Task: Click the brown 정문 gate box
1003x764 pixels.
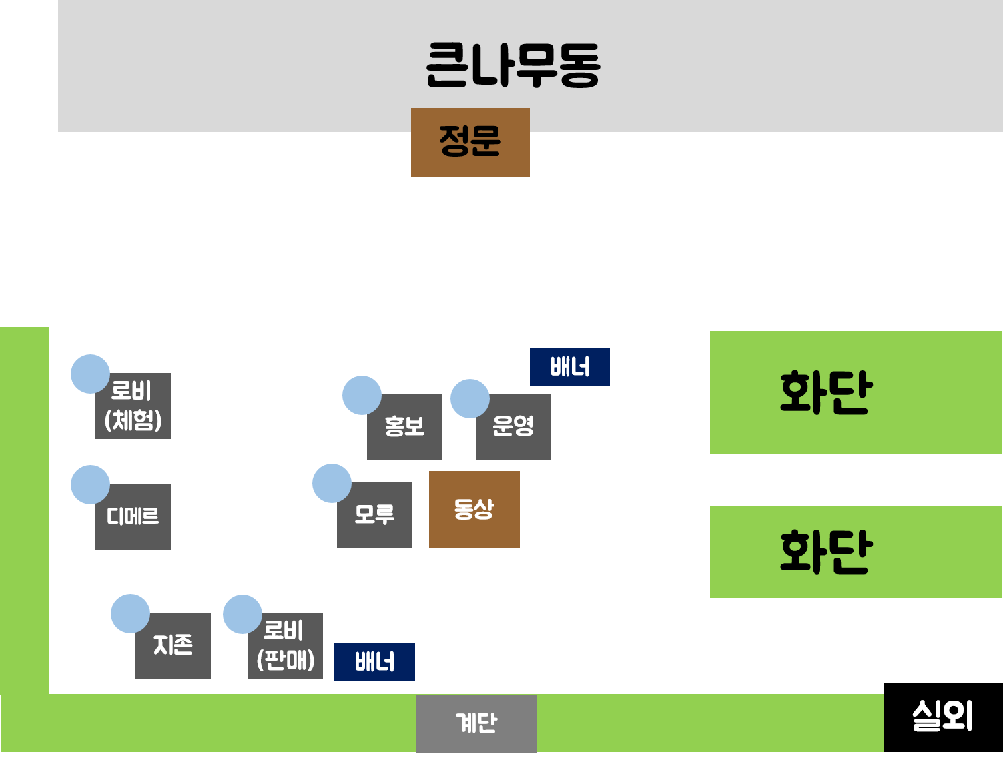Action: click(x=470, y=142)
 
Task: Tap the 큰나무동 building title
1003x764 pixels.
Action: click(x=513, y=65)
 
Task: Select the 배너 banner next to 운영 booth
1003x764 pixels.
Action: click(x=569, y=367)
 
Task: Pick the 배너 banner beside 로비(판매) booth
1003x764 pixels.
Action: click(x=374, y=662)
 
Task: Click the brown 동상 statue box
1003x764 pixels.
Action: click(x=474, y=510)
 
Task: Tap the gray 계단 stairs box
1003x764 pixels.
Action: click(x=476, y=723)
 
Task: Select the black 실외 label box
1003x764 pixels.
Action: click(x=942, y=717)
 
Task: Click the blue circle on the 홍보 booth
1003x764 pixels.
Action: click(x=362, y=395)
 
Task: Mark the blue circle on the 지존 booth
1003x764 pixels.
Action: click(x=130, y=613)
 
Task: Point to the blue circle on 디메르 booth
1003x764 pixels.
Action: click(x=90, y=484)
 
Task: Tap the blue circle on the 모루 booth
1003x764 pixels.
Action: click(x=332, y=483)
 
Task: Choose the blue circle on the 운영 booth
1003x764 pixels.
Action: click(x=470, y=398)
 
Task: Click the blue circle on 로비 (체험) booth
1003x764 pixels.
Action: click(x=90, y=374)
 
